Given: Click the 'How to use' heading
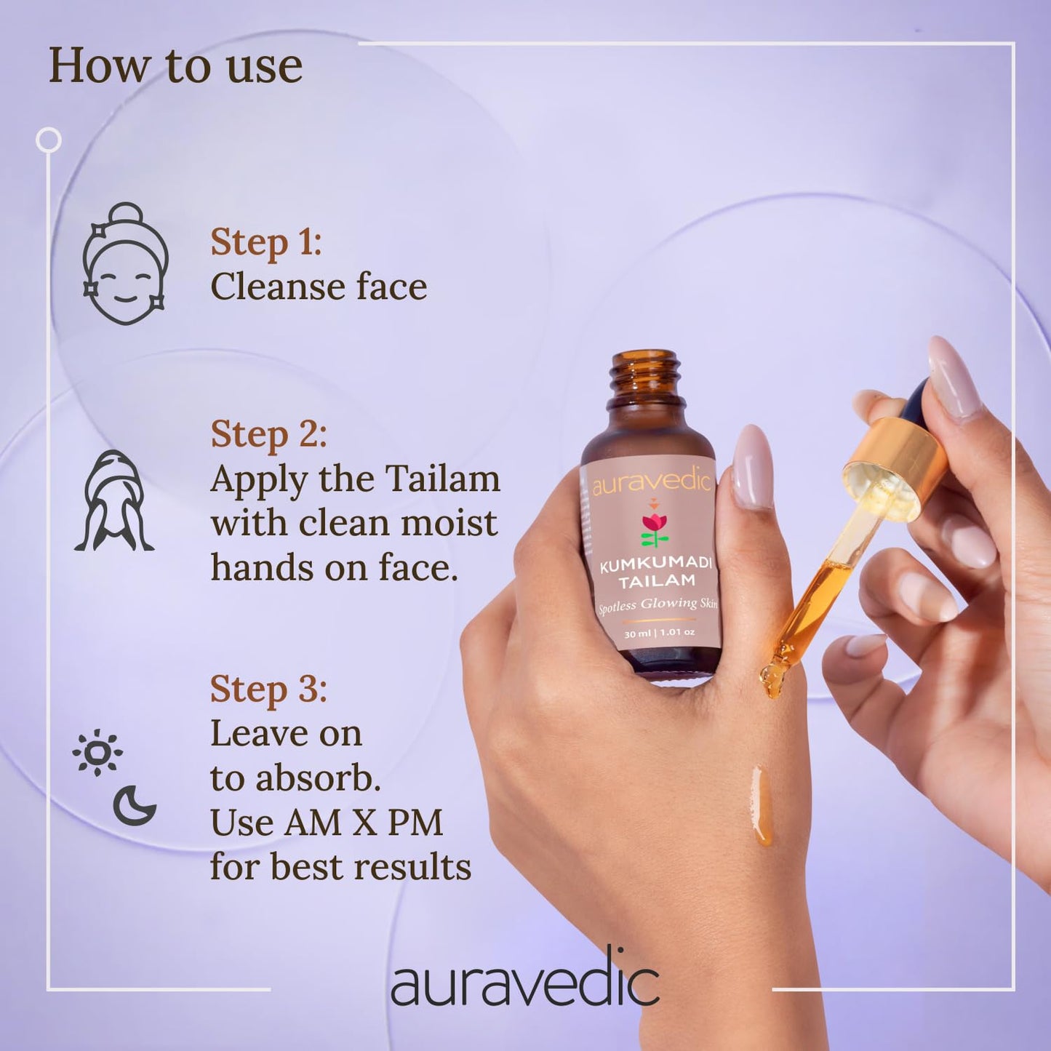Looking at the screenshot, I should [x=175, y=66].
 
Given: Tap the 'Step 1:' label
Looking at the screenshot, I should [x=265, y=242].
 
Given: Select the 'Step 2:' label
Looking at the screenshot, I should [x=268, y=434].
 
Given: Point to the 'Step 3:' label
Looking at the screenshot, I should [x=268, y=689].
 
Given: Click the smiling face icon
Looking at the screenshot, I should [x=125, y=264].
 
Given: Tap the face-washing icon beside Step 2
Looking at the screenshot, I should [x=114, y=501].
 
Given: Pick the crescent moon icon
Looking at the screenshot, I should [x=135, y=805].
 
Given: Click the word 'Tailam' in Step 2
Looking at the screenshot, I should [x=442, y=479].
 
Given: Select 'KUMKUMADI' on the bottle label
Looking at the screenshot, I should [x=655, y=564].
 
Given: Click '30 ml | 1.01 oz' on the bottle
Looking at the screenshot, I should [x=659, y=633].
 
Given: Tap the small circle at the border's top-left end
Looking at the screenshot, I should [x=49, y=140].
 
